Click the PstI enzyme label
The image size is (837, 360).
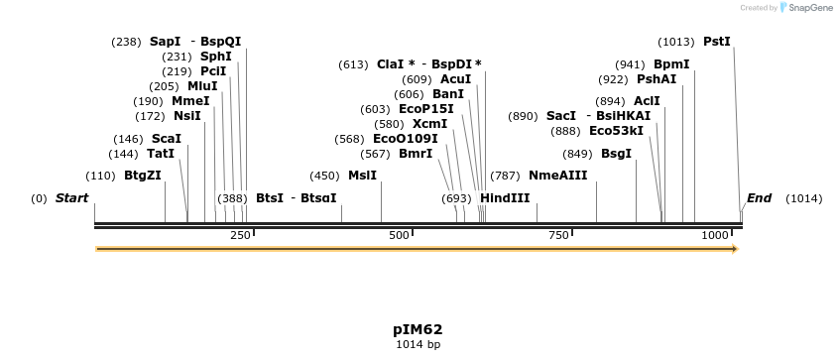(x=716, y=42)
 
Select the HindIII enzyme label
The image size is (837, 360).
(x=505, y=198)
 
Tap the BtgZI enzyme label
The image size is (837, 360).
(x=142, y=176)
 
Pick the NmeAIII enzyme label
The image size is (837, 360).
(x=558, y=176)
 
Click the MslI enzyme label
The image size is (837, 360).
(x=362, y=176)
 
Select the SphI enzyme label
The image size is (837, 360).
(x=215, y=57)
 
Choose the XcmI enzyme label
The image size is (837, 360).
(x=430, y=124)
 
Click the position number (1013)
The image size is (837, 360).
(x=676, y=42)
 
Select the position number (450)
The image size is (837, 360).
(x=324, y=176)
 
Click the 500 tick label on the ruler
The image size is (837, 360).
(x=398, y=235)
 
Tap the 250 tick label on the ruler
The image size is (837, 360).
(x=240, y=235)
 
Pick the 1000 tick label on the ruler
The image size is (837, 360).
(x=714, y=235)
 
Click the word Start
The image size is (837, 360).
(x=71, y=198)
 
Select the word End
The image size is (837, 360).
(x=759, y=198)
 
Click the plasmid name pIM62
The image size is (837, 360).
(x=418, y=329)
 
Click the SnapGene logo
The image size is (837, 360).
(x=808, y=8)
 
